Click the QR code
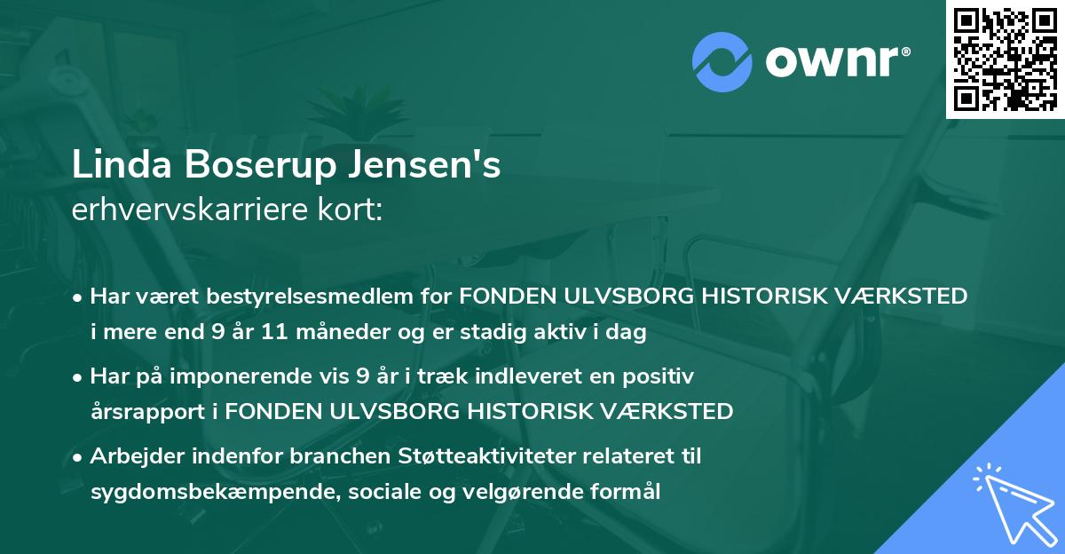[x=1006, y=59]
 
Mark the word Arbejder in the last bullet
[x=135, y=456]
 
